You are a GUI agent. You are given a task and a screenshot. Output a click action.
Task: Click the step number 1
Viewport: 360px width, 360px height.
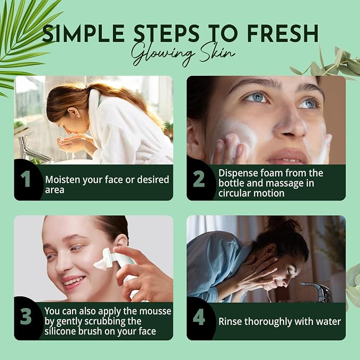25,179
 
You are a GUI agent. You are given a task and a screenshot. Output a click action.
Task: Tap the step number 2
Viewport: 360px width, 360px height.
199,179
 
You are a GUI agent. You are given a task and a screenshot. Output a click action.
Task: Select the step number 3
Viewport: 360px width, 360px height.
25,317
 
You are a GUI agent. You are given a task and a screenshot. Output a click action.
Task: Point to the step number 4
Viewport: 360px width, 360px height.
199,317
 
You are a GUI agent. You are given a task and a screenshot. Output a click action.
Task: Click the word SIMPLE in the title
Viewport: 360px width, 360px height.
83,33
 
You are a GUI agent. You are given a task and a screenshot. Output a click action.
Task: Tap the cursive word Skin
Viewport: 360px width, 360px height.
217,53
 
